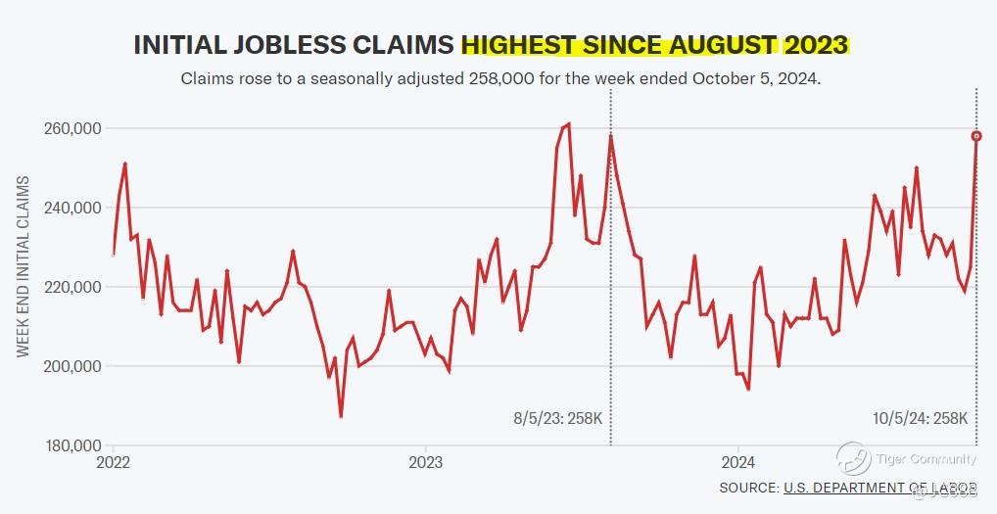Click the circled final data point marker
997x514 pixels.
click(x=976, y=136)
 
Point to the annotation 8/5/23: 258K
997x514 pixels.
click(x=564, y=418)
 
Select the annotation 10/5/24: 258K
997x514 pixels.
click(x=920, y=418)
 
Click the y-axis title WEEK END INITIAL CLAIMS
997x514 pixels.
click(x=23, y=266)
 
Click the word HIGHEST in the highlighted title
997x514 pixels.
click(x=519, y=44)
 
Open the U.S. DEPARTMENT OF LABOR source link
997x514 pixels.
click(x=879, y=488)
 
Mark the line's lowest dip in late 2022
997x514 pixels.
click(x=341, y=416)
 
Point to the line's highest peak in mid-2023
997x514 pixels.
click(x=569, y=124)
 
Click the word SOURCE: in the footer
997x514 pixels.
click(x=748, y=488)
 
